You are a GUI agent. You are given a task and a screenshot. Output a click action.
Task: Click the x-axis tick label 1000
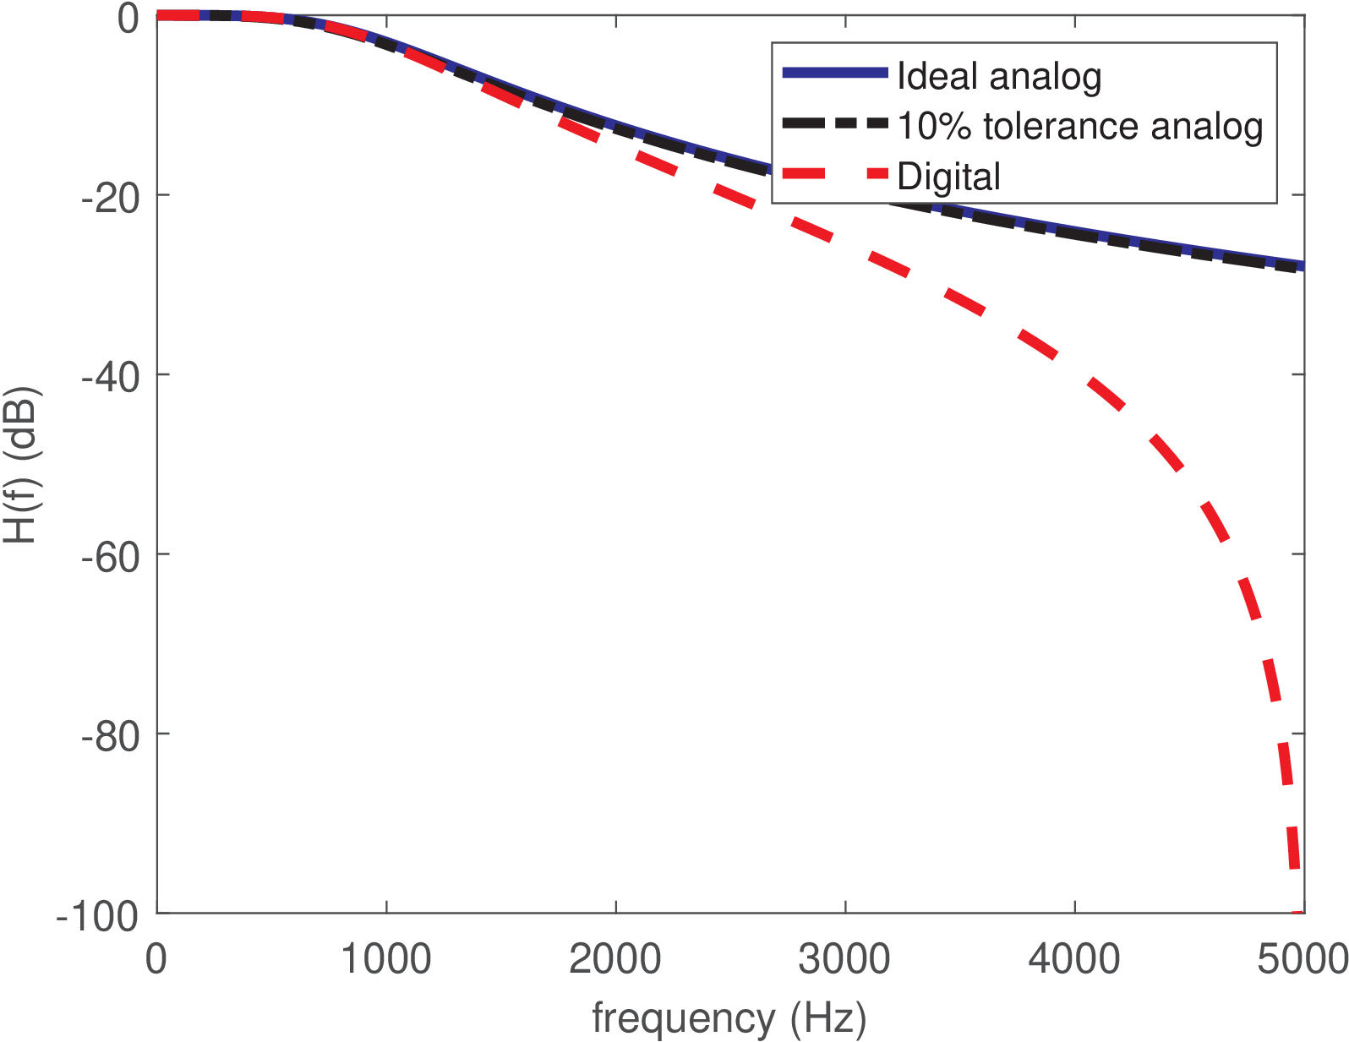click(386, 959)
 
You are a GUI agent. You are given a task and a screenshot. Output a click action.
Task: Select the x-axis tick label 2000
click(615, 959)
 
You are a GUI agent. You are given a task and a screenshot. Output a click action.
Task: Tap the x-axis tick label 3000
click(845, 959)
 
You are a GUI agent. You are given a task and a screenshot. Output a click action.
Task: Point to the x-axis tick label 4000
click(1074, 959)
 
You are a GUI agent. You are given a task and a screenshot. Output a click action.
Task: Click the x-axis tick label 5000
click(1303, 959)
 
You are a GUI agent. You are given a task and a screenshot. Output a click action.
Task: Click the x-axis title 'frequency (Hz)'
click(729, 1018)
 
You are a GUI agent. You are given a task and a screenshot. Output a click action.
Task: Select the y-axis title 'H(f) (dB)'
click(22, 466)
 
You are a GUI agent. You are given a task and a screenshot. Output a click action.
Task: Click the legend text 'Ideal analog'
click(999, 76)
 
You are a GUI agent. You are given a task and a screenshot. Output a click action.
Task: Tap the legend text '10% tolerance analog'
click(1079, 126)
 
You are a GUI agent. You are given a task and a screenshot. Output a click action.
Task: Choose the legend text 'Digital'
click(948, 177)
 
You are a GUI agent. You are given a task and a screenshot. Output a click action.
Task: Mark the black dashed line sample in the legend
click(835, 123)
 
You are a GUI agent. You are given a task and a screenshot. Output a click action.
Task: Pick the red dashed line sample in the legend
click(835, 174)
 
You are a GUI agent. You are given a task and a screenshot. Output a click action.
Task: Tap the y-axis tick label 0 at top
click(128, 18)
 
